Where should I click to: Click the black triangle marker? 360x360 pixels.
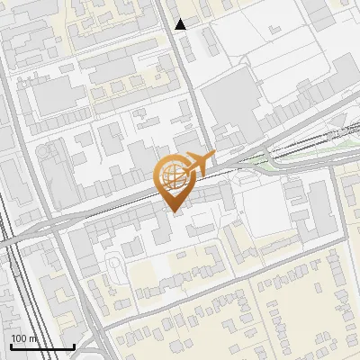click(181, 24)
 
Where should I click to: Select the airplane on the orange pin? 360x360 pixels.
click(199, 163)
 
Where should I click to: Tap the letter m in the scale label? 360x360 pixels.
click(32, 338)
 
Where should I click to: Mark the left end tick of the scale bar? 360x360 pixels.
click(10, 346)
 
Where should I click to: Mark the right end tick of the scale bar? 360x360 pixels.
click(74, 346)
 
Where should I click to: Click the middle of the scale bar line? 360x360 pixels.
click(41, 347)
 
